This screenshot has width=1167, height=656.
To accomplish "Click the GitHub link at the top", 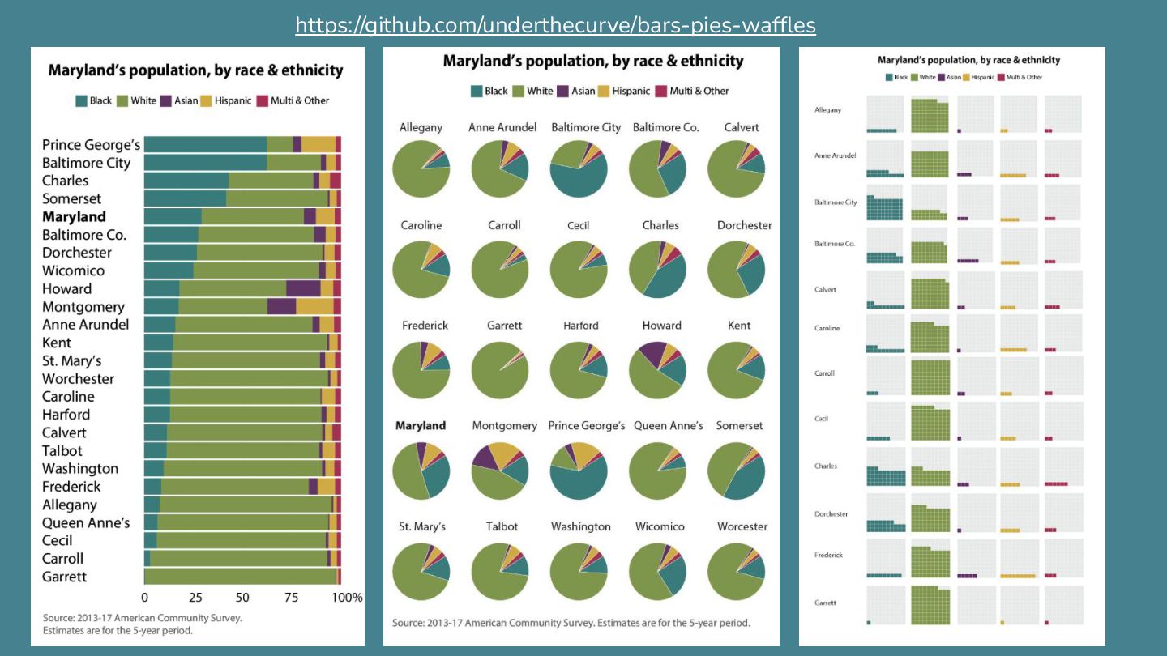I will tap(555, 25).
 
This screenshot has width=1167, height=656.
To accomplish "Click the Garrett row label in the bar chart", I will tap(64, 577).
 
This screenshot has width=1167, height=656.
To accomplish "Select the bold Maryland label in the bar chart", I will tap(74, 216).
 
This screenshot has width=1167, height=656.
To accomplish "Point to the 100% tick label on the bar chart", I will tap(347, 598).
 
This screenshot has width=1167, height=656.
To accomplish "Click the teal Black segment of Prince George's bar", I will tap(205, 144).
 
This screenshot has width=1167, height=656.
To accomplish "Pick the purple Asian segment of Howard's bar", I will tap(303, 288).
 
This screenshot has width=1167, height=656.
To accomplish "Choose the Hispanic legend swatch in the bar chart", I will tap(207, 100).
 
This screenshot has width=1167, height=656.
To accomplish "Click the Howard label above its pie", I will tap(661, 326).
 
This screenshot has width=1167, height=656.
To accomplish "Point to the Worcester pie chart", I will tap(736, 571).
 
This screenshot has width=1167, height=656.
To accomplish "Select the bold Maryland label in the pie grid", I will tap(421, 425).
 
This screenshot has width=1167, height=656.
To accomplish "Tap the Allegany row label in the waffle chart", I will tap(827, 110).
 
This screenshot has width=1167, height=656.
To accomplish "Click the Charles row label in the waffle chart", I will tap(826, 466).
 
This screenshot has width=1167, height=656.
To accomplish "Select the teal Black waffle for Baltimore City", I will tap(885, 202).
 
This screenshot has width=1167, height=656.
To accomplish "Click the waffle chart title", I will tap(968, 60).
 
